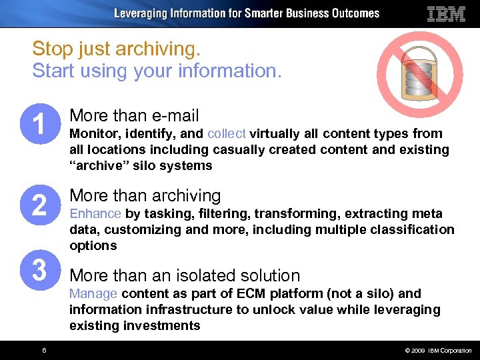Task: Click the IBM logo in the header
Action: (x=446, y=13)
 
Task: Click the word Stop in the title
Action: (x=51, y=49)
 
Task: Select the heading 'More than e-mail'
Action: (x=134, y=115)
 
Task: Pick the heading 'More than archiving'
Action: (x=145, y=195)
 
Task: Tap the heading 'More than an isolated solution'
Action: (x=185, y=275)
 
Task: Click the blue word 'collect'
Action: (x=227, y=133)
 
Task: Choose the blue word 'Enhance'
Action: (x=95, y=213)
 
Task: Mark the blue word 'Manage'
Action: (x=93, y=293)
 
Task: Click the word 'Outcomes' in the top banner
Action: (x=355, y=13)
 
